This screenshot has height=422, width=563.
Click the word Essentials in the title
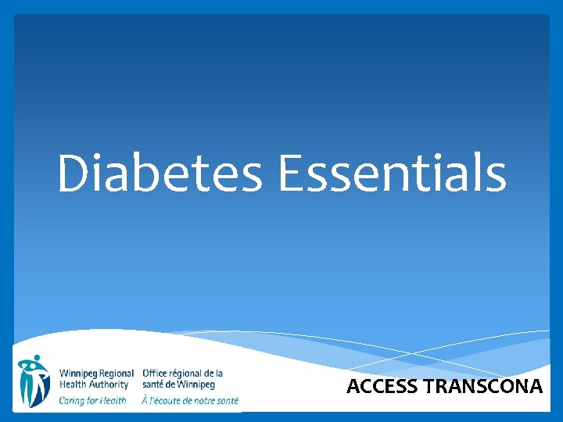392,173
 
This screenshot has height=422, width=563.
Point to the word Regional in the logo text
117,374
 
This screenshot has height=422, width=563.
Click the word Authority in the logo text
109,384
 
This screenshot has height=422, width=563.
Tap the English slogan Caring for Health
92,400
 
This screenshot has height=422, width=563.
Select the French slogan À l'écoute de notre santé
190,400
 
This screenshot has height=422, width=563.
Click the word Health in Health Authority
74,384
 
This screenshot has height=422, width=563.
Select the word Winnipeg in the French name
196,384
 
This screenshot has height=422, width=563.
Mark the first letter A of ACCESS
353,386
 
